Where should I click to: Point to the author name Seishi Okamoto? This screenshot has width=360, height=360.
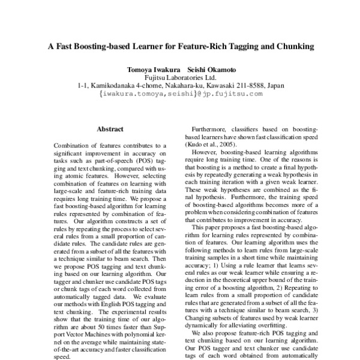205,70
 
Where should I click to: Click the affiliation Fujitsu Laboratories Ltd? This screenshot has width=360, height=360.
180,77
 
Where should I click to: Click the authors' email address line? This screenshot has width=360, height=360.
180,94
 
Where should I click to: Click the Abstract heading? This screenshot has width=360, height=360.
110,128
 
